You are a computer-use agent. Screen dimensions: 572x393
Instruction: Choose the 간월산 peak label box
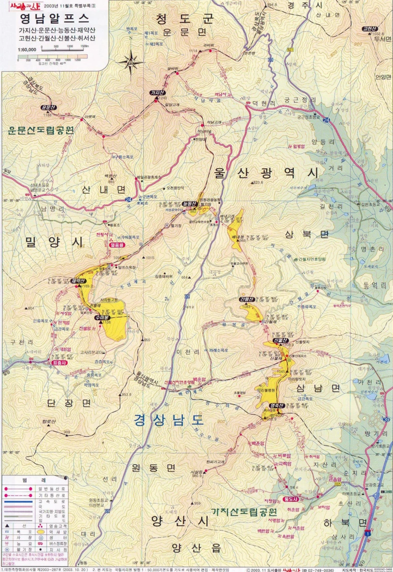(246, 299)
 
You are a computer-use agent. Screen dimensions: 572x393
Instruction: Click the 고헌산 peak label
(370, 29)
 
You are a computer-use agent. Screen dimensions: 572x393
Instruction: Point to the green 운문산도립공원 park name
(41, 130)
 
